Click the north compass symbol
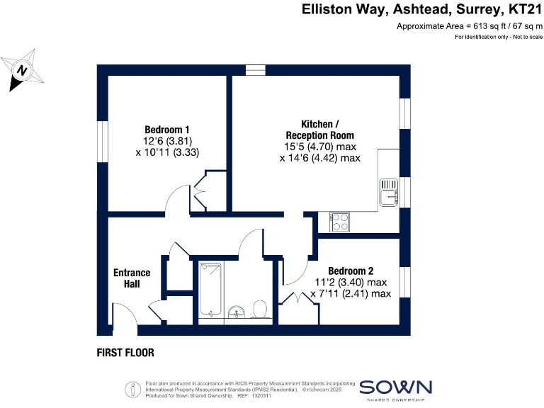pos(23,70)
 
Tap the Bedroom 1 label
pos(167,130)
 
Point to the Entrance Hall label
pos(132,278)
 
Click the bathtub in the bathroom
pos(210,289)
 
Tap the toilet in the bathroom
pos(259,309)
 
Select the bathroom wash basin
pos(238,310)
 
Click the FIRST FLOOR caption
pos(125,352)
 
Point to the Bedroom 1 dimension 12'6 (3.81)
pos(167,141)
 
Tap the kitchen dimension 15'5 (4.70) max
pos(319,147)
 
